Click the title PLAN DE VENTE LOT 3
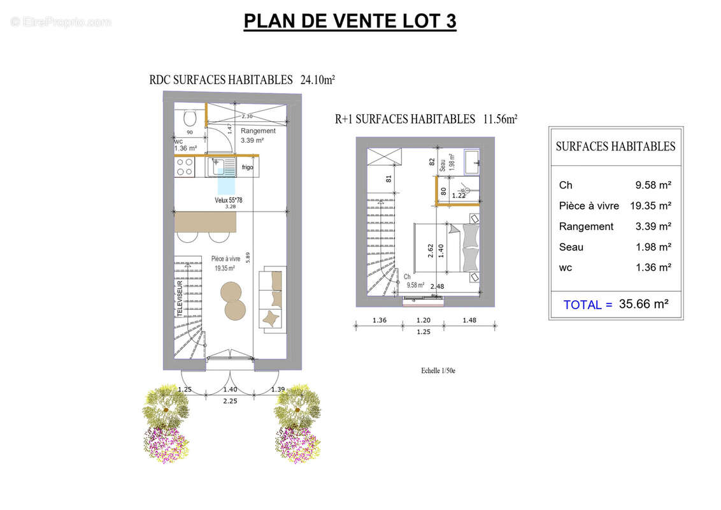tap(350, 21)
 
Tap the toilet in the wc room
tap(189, 119)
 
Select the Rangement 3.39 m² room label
tap(258, 136)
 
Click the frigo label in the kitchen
tap(247, 168)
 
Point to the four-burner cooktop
tap(185, 168)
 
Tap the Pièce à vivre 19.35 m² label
tap(225, 263)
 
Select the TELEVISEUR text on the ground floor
tap(180, 299)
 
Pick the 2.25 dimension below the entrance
tap(230, 401)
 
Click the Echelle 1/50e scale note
tap(438, 371)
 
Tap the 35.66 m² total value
tap(643, 304)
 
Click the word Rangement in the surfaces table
tap(586, 226)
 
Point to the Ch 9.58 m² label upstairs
tap(414, 282)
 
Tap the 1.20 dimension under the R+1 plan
tap(424, 321)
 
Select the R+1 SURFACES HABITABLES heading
tap(425, 119)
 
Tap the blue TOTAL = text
tap(587, 305)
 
